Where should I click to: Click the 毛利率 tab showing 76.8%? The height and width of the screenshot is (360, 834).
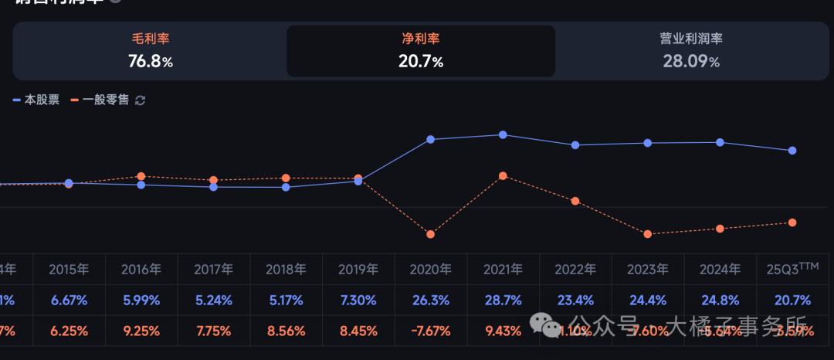[x=151, y=51]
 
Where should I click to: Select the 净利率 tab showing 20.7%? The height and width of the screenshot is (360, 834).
[x=421, y=51]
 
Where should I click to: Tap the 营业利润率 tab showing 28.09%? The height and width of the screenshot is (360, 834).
[x=691, y=51]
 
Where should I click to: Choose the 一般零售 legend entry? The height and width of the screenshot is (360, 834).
[x=100, y=100]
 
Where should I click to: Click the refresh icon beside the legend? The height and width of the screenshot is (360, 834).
[x=140, y=100]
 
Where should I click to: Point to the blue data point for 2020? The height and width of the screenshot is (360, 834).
[x=431, y=140]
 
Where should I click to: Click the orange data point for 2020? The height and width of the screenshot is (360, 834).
[x=431, y=234]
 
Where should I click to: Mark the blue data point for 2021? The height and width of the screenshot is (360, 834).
[x=503, y=134]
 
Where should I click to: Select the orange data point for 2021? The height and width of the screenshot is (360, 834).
[x=503, y=176]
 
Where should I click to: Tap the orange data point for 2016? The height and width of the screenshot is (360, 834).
[x=141, y=176]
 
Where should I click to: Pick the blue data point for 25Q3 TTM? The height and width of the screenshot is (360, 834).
[x=792, y=151]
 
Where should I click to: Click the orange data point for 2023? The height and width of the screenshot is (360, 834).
[x=648, y=234]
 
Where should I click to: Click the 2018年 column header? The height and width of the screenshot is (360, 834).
[x=286, y=270]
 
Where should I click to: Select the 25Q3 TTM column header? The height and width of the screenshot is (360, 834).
[x=792, y=269]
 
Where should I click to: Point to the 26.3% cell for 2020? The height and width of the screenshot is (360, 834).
[x=431, y=300]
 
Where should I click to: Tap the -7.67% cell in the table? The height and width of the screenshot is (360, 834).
[x=431, y=331]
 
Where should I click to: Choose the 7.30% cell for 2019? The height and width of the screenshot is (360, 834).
[x=358, y=300]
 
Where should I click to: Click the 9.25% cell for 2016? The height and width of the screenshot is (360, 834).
[x=141, y=331]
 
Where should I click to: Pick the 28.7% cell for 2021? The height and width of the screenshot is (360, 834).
[x=503, y=300]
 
